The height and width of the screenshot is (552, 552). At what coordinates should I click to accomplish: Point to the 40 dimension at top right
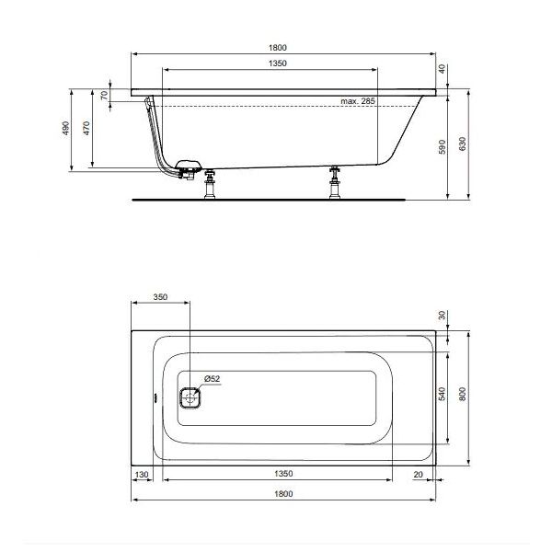point(442,69)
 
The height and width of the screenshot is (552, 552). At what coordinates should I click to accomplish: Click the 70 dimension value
point(104,96)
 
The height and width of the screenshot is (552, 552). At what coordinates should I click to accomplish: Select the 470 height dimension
point(87,129)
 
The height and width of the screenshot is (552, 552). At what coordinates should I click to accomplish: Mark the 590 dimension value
point(442,146)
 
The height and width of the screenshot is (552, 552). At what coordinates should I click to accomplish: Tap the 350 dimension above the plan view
point(159,298)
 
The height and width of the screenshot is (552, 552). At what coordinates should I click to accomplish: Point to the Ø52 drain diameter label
point(211,379)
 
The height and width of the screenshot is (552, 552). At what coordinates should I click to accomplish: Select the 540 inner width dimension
point(442,395)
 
